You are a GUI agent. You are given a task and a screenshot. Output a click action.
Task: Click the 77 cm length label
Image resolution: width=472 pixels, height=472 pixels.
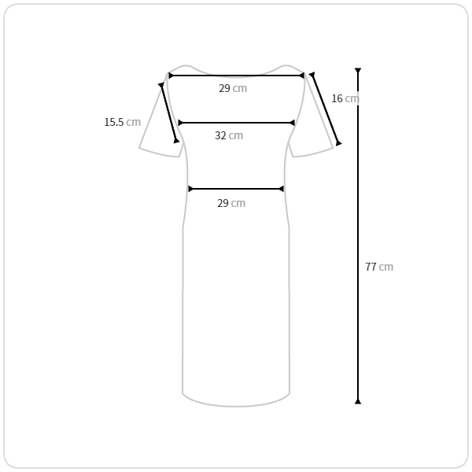(379, 267)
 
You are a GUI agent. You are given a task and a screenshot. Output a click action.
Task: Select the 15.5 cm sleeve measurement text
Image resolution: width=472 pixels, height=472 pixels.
(123, 122)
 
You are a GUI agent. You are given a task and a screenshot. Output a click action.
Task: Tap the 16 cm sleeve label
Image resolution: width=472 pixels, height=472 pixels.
(345, 98)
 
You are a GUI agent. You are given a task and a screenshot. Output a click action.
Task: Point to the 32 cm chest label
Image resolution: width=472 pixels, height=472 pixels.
(229, 135)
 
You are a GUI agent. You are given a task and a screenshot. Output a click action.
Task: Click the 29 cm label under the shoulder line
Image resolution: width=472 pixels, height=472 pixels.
(233, 88)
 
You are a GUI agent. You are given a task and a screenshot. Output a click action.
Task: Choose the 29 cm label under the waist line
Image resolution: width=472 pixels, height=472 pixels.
(231, 203)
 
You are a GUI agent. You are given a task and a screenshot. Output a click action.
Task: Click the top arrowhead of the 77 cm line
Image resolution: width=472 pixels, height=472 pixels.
(358, 71)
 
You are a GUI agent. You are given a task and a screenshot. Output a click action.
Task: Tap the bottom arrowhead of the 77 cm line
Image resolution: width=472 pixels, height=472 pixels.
(358, 401)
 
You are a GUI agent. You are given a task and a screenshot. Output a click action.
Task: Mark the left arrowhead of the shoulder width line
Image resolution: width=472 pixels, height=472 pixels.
(171, 76)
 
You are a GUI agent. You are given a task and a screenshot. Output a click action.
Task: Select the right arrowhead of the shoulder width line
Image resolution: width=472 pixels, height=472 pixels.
(301, 76)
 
